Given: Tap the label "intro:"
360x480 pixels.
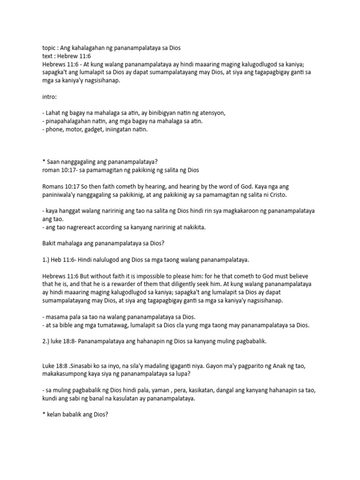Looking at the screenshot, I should click(x=49, y=97).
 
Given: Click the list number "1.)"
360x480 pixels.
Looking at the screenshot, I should click(x=47, y=259).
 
